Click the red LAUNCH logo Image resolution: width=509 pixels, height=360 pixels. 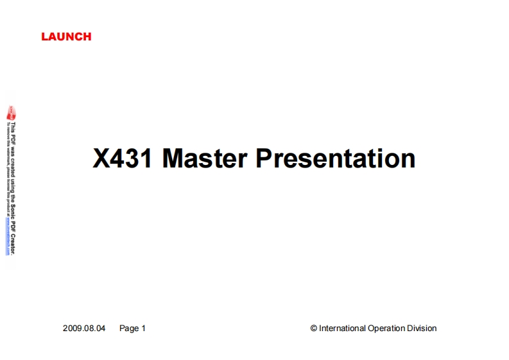pyautogui.click(x=66, y=37)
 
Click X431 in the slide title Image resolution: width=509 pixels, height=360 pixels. pyautogui.click(x=123, y=158)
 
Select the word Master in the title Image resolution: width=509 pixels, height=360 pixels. pyautogui.click(x=205, y=158)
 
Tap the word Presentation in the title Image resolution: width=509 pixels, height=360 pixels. pyautogui.click(x=336, y=158)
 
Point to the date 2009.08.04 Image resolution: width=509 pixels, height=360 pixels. pyautogui.click(x=83, y=328)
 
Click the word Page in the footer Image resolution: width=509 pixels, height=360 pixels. pyautogui.click(x=128, y=328)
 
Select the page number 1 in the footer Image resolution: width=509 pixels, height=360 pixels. pyautogui.click(x=144, y=328)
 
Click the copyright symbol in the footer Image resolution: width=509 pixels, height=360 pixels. pyautogui.click(x=314, y=328)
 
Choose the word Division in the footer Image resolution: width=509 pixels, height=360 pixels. pyautogui.click(x=422, y=328)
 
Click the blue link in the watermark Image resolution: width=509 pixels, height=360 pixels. pyautogui.click(x=8, y=241)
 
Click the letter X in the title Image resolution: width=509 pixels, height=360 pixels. pyautogui.click(x=101, y=158)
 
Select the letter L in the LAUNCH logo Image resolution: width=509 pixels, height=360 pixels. pyautogui.click(x=44, y=37)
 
